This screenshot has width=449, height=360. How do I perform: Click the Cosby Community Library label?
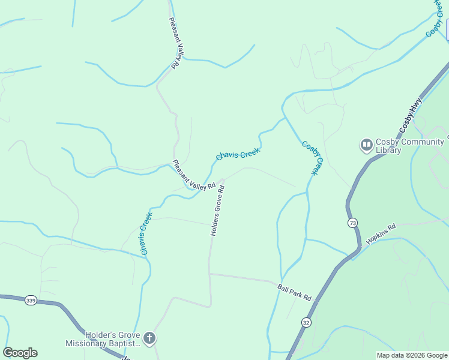[x=409, y=146]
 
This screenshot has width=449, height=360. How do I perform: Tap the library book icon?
[x=366, y=145]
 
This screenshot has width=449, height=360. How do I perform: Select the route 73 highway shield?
[x=352, y=223]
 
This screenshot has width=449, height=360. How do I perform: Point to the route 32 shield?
[x=307, y=322]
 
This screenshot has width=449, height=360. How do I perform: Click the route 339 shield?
[x=31, y=300]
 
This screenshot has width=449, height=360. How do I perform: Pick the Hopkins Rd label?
[x=381, y=233]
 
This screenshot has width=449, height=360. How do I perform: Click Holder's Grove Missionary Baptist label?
[x=103, y=339]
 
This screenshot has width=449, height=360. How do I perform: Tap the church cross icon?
[x=149, y=339]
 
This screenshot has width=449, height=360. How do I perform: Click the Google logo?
[x=20, y=353]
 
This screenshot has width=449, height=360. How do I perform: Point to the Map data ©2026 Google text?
[x=411, y=355]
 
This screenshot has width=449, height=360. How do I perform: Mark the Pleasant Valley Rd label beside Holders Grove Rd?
[x=193, y=175]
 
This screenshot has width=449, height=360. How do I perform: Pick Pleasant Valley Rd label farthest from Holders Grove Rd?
[x=175, y=42]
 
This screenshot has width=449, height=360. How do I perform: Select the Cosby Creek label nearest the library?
[x=313, y=157]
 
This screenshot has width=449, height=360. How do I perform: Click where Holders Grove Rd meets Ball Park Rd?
[x=209, y=274]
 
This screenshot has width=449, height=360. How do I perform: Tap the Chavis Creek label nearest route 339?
[x=145, y=233]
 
